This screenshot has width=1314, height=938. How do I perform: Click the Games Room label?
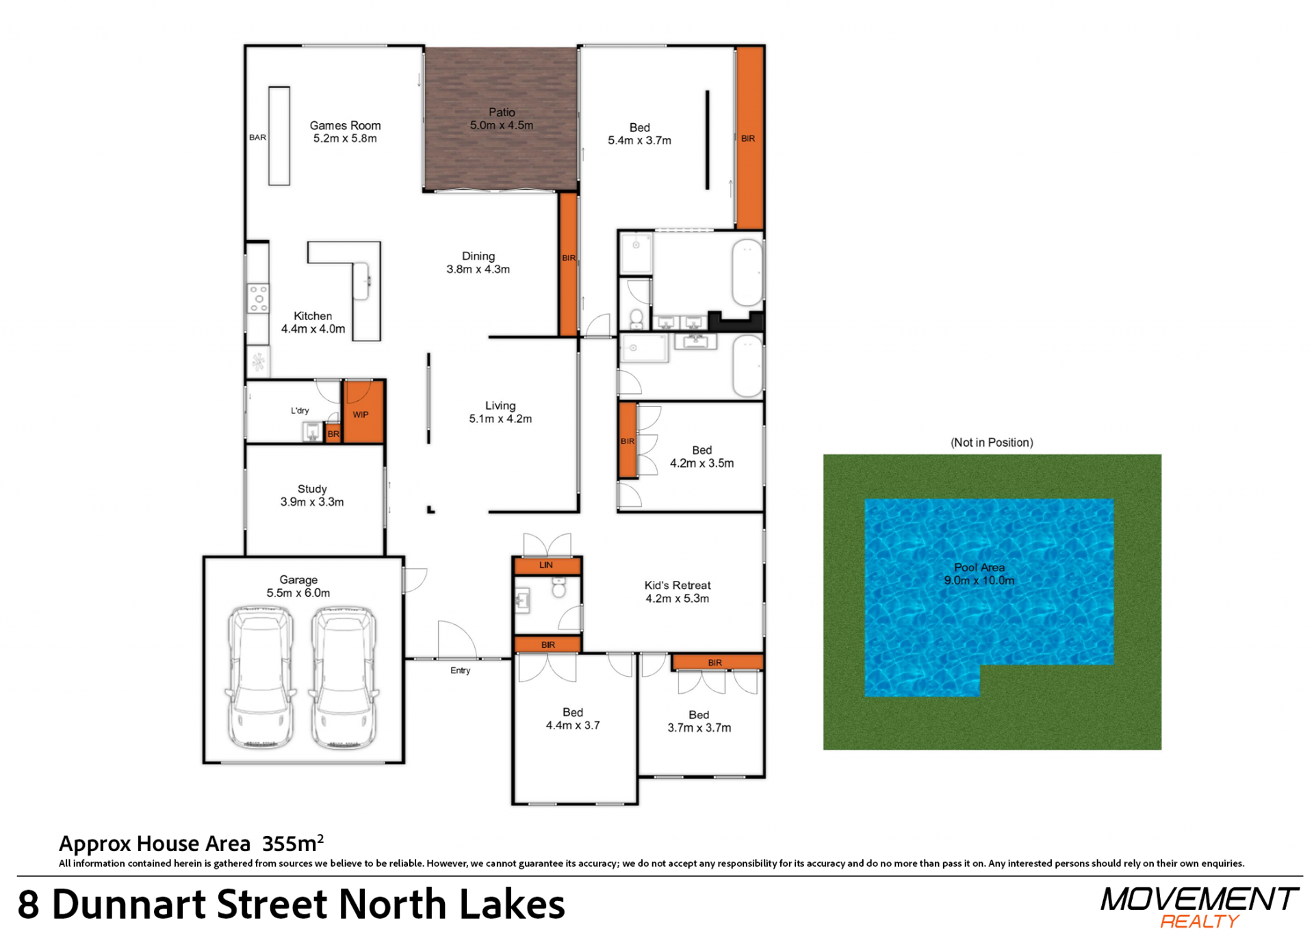click(x=345, y=125)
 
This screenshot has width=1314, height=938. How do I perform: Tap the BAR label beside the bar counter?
click(x=257, y=138)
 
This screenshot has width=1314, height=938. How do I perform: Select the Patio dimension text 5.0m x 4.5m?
click(x=501, y=125)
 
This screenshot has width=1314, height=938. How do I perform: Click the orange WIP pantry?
click(x=363, y=412)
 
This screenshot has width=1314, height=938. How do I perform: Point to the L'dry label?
click(x=300, y=411)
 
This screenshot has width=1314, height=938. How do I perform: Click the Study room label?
click(x=312, y=488)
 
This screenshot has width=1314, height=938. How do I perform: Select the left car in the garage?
click(x=261, y=676)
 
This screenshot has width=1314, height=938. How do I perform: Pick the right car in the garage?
click(x=344, y=676)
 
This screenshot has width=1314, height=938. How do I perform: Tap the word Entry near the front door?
click(x=460, y=670)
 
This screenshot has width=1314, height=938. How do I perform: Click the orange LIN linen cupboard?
click(x=547, y=565)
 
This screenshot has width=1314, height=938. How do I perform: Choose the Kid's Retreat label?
click(x=678, y=585)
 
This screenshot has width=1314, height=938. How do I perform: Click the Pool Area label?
click(x=979, y=567)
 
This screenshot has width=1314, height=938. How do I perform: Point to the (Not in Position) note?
click(x=992, y=442)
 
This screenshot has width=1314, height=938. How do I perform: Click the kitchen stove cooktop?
click(x=258, y=299)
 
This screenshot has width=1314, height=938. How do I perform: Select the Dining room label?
click(x=478, y=256)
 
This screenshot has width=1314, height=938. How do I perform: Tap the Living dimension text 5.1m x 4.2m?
click(x=500, y=419)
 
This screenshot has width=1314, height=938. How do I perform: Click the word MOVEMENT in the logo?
click(x=1199, y=899)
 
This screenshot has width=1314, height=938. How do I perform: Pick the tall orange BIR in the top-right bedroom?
click(x=750, y=138)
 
